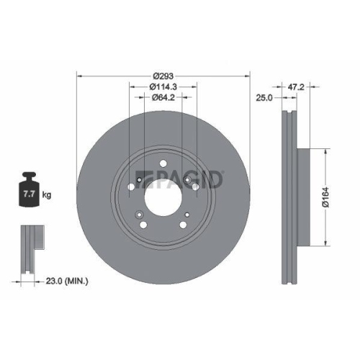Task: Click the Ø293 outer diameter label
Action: pos(163,74)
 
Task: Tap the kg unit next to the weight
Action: pos(47,194)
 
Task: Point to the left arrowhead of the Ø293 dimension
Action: pos(79,74)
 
